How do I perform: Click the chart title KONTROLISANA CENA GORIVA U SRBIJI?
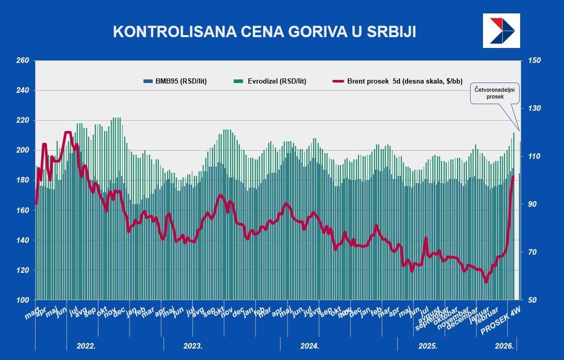(x=264, y=31)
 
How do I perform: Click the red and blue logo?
(x=501, y=30)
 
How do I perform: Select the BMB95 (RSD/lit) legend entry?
(x=175, y=81)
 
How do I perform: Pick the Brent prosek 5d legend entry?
(x=398, y=81)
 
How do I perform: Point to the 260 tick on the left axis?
(x=22, y=61)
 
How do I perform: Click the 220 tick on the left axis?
(x=22, y=121)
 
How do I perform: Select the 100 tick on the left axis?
(x=22, y=300)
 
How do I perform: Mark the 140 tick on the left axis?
(x=22, y=240)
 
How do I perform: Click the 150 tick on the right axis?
(x=534, y=61)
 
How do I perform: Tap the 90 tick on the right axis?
(x=532, y=204)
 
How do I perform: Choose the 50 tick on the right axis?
(x=532, y=300)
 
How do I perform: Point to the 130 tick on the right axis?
(x=534, y=109)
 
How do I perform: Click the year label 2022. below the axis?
(x=86, y=346)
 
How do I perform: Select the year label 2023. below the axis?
(x=193, y=346)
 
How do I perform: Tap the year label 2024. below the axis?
(x=310, y=346)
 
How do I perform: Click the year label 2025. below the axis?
(x=428, y=346)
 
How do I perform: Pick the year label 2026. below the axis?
(x=503, y=346)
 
